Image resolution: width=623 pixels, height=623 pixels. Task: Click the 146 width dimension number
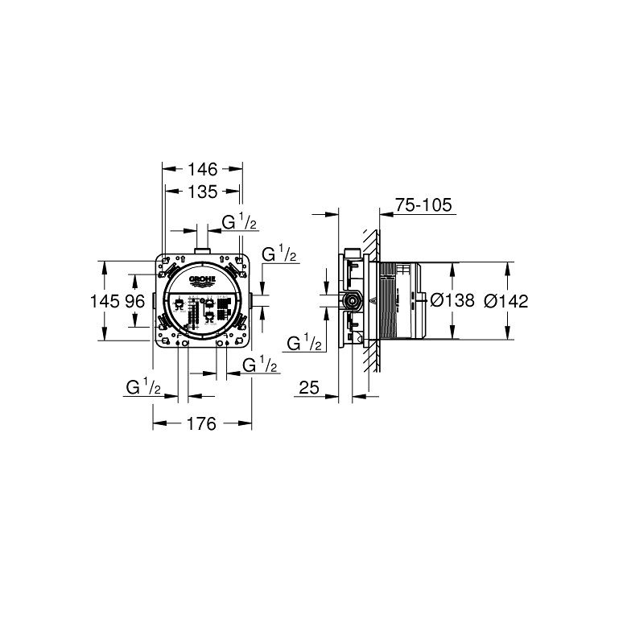click(x=202, y=170)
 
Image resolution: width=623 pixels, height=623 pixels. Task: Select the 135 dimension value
click(x=202, y=192)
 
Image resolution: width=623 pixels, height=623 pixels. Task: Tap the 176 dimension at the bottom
click(x=202, y=423)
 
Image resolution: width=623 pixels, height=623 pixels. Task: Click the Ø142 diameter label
click(x=506, y=300)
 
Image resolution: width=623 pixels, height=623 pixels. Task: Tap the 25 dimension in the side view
click(x=308, y=388)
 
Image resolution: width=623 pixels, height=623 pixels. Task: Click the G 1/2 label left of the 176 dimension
click(x=144, y=387)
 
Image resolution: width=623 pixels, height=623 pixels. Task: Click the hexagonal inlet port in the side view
click(x=352, y=301)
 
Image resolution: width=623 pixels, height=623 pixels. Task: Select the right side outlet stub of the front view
click(x=252, y=301)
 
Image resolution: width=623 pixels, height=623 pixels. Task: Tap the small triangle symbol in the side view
click(x=373, y=303)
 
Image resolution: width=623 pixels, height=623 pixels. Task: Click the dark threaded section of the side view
click(x=389, y=301)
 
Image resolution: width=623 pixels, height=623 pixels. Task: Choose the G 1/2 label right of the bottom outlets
click(x=259, y=365)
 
